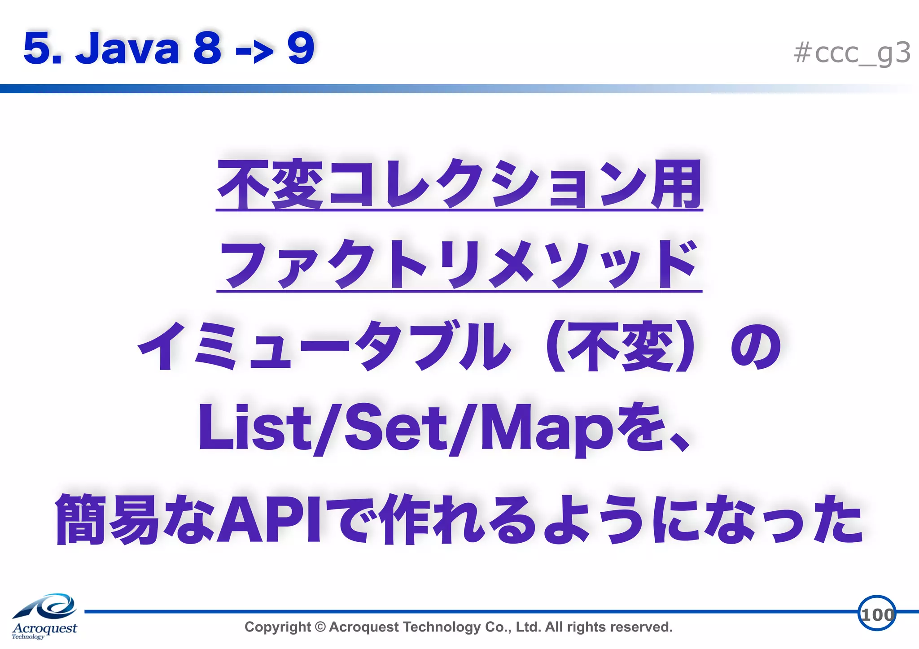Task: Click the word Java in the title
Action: [128, 48]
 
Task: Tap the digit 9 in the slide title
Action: [301, 48]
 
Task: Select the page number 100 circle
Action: [876, 614]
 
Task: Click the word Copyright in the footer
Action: [277, 627]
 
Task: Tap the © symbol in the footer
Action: [320, 627]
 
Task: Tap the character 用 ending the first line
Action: [677, 184]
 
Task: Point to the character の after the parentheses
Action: [756, 347]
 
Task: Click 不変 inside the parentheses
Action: [621, 347]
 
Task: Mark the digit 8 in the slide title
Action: [207, 48]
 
